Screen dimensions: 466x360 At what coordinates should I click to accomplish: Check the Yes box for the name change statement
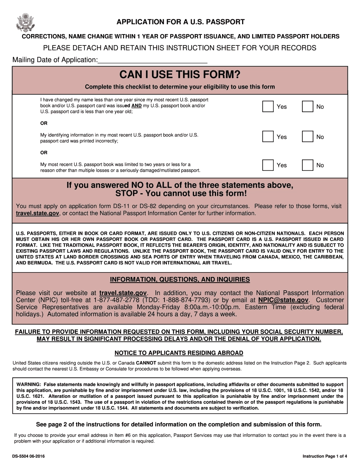pyautogui.click(x=268, y=107)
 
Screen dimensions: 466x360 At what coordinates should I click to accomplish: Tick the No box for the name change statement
pyautogui.click(x=307, y=107)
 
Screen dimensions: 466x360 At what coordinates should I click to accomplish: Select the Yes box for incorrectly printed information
pyautogui.click(x=268, y=137)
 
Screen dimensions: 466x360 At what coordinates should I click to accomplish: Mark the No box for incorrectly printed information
pyautogui.click(x=307, y=137)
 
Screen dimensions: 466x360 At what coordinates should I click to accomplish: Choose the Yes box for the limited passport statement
pyautogui.click(x=268, y=165)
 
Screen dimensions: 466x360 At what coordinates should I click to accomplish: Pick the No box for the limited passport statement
pyautogui.click(x=307, y=165)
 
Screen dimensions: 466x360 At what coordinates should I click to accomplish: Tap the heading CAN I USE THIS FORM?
pyautogui.click(x=180, y=74)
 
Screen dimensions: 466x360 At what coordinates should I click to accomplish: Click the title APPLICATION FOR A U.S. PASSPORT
pyautogui.click(x=180, y=22)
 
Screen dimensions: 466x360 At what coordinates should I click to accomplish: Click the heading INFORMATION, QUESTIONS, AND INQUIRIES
pyautogui.click(x=180, y=280)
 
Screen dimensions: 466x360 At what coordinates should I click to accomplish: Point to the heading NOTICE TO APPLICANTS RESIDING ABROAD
pyautogui.click(x=179, y=353)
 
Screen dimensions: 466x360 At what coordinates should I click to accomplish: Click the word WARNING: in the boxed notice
pyautogui.click(x=29, y=385)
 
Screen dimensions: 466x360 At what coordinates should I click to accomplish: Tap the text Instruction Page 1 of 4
pyautogui.click(x=325, y=456)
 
